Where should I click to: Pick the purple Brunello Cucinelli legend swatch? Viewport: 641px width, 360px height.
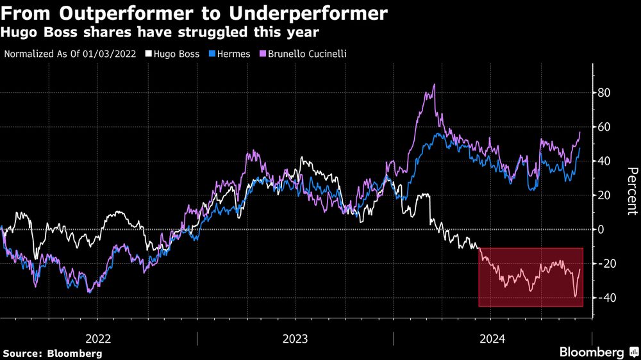click(x=263, y=54)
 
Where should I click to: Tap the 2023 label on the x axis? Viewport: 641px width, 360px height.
click(x=296, y=338)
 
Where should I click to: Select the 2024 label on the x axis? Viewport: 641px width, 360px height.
click(x=492, y=338)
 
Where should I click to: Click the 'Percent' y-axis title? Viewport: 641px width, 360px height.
click(x=632, y=191)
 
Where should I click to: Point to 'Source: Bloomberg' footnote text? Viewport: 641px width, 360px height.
click(x=53, y=353)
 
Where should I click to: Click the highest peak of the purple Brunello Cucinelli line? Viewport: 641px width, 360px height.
click(x=435, y=85)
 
